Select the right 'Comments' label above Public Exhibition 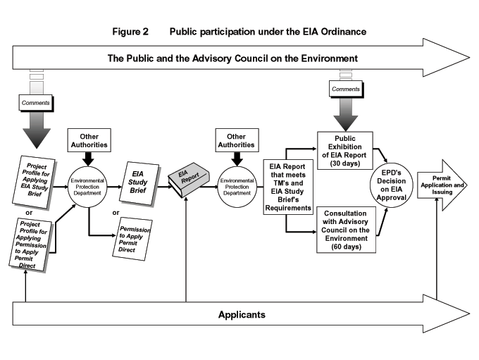pyautogui.click(x=346, y=89)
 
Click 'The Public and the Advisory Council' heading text pyautogui.click(x=232, y=57)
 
